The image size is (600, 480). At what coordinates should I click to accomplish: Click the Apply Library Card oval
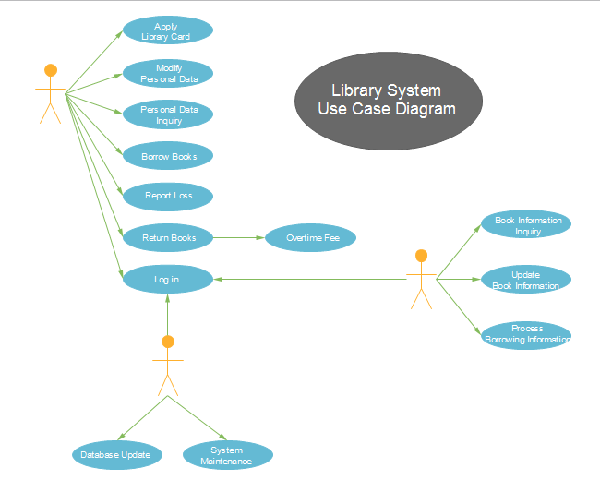(x=167, y=30)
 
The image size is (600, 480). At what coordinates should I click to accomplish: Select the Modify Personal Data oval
(x=167, y=73)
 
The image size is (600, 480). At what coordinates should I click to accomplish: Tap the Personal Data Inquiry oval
(x=167, y=114)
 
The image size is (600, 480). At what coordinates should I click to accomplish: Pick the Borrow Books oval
(x=167, y=156)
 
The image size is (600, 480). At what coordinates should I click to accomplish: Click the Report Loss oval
(x=167, y=196)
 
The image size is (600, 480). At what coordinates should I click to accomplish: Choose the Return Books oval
(x=167, y=237)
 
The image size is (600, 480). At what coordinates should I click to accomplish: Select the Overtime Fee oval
(x=310, y=237)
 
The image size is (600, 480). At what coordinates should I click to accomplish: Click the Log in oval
(x=167, y=279)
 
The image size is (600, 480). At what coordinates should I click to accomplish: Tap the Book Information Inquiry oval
(x=527, y=225)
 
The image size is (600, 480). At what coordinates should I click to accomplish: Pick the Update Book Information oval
(x=526, y=280)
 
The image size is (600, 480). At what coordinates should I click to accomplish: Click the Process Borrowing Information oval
(x=527, y=334)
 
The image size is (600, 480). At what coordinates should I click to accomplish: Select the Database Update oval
(x=117, y=454)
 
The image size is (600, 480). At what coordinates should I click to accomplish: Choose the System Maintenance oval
(x=227, y=455)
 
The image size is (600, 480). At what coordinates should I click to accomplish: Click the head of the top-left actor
(x=51, y=70)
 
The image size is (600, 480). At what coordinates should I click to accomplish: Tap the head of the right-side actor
(x=422, y=256)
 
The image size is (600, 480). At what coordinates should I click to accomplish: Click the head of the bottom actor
(x=167, y=342)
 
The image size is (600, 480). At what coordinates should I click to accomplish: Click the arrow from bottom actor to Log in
(x=167, y=314)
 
